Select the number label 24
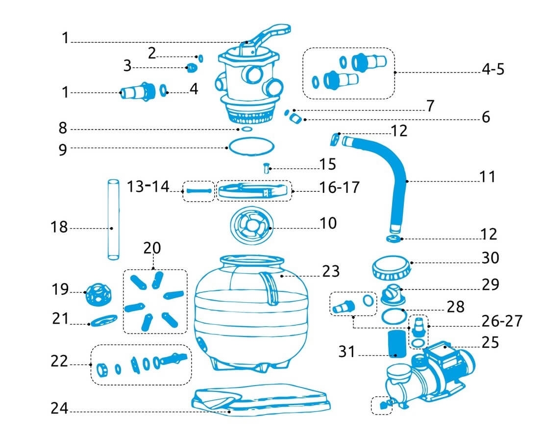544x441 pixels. [x=60, y=409]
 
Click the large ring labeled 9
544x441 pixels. [x=250, y=146]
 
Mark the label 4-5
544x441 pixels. [x=493, y=69]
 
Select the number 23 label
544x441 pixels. [x=331, y=271]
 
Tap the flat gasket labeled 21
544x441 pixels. [x=104, y=320]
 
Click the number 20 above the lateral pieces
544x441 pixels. [x=152, y=248]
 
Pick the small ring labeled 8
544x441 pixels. [x=247, y=130]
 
